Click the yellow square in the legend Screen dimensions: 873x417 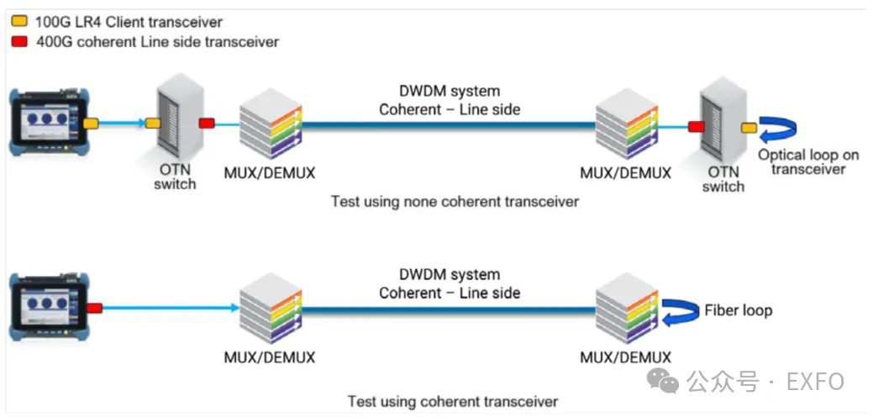click(19, 22)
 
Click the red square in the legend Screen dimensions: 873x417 click(19, 41)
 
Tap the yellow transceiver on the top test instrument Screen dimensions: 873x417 click(91, 124)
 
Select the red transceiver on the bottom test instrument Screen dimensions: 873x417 click(95, 308)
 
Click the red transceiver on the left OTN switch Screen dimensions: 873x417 click(207, 123)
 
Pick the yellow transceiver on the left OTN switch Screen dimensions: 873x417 click(153, 124)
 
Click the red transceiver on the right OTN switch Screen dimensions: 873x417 click(696, 126)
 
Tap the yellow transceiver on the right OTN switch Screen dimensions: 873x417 click(749, 129)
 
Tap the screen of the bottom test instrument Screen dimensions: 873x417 click(45, 304)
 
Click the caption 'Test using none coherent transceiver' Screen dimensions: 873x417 click(455, 201)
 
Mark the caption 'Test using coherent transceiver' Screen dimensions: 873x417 click(453, 401)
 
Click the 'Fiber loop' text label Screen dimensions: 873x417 click(739, 309)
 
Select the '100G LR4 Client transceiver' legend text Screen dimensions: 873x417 click(129, 22)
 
